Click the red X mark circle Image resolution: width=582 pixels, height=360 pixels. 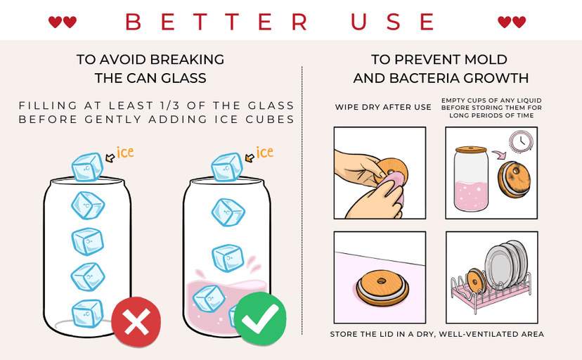tap(136, 321)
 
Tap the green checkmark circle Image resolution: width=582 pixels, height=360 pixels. tap(261, 319)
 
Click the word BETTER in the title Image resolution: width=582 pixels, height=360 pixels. tap(216, 22)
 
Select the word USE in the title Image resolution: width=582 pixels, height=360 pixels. tap(393, 22)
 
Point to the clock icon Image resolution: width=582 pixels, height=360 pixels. tap(521, 141)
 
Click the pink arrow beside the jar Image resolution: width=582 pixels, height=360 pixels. tap(499, 154)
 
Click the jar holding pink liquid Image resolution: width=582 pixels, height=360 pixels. tap(471, 179)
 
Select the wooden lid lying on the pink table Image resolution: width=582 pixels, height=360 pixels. tap(382, 288)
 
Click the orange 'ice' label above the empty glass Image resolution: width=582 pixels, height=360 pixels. tap(125, 152)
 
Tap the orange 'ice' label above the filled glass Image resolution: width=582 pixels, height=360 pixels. tap(265, 152)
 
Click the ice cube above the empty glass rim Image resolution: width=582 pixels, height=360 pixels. tap(87, 167)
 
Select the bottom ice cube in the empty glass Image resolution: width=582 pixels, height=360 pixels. tap(88, 314)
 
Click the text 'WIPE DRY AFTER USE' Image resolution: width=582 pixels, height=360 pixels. tap(383, 108)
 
